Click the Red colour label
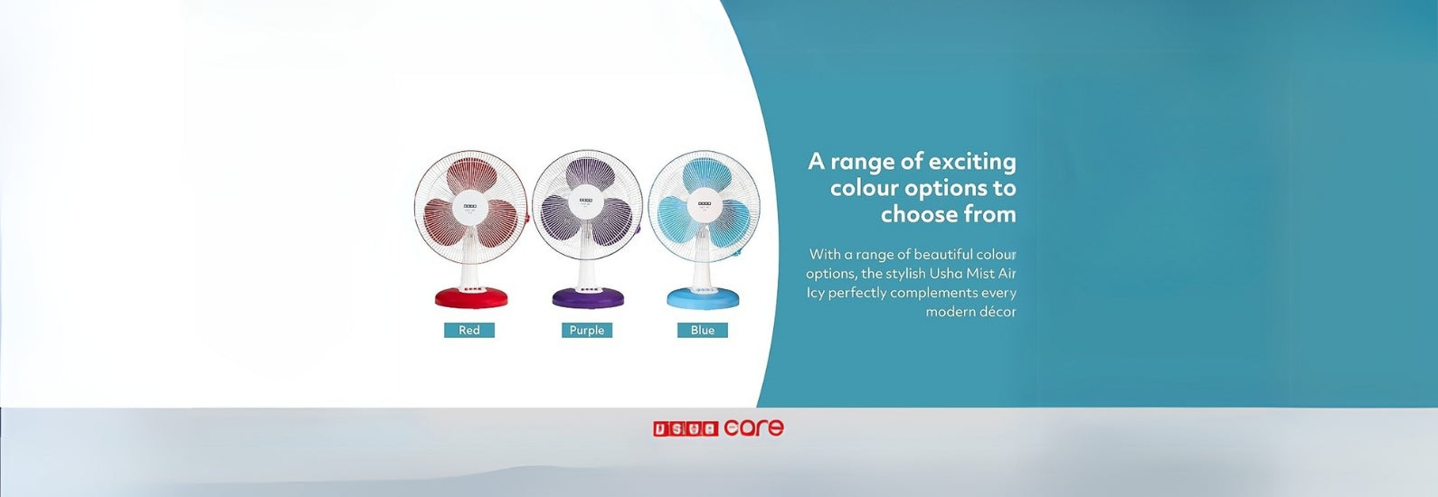(469, 330)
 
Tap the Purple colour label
(587, 330)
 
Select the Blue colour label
(703, 330)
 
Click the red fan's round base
(471, 297)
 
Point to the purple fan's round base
(588, 297)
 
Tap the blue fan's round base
(704, 297)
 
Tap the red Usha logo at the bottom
(686, 429)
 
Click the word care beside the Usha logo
(754, 427)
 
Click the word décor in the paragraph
(999, 312)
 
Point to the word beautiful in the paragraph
(943, 255)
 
